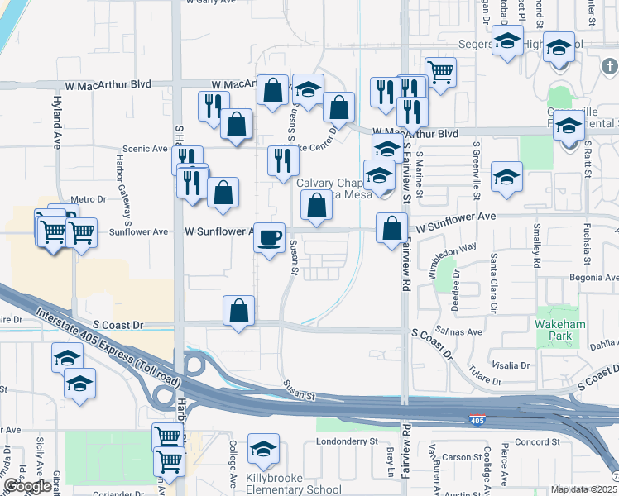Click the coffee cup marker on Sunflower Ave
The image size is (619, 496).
click(x=269, y=239)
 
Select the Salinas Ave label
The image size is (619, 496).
click(x=463, y=331)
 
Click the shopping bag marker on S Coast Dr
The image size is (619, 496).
click(x=238, y=312)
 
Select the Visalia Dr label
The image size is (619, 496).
click(x=511, y=365)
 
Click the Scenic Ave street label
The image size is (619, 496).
click(x=146, y=149)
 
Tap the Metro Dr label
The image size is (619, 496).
click(x=89, y=199)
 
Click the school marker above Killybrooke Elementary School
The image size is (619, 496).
click(x=263, y=450)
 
